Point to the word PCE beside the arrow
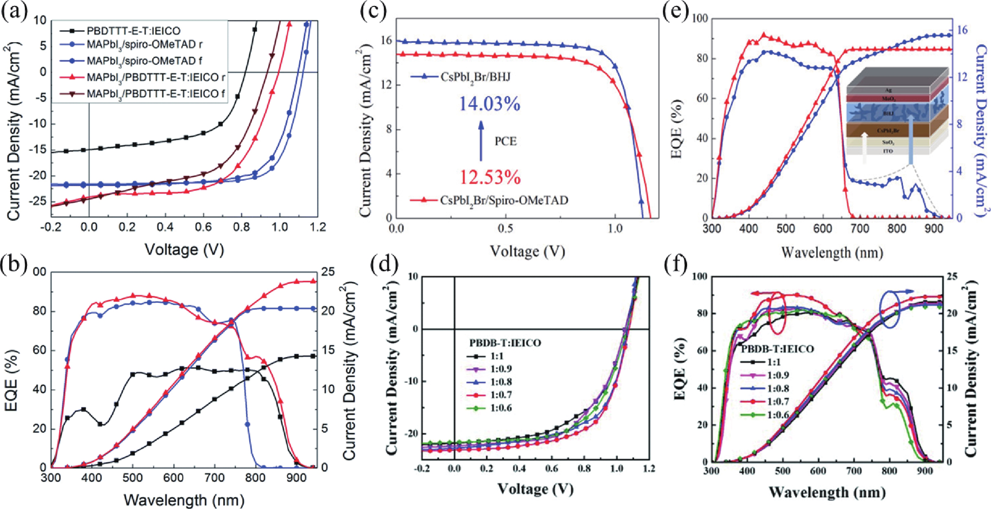(506, 141)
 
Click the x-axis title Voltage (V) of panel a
(184, 250)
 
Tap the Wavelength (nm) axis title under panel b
(184, 500)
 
